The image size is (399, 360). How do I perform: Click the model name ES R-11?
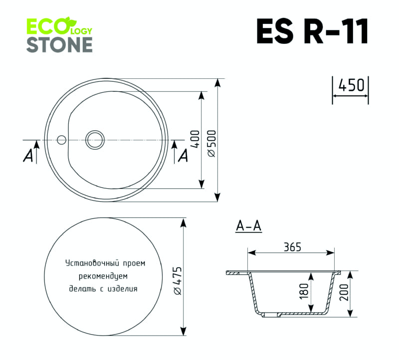pyautogui.click(x=312, y=32)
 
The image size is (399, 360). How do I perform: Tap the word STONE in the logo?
pyautogui.click(x=59, y=44)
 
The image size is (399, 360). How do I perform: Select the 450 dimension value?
pyautogui.click(x=351, y=85)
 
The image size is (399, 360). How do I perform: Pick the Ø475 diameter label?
pyautogui.click(x=177, y=282)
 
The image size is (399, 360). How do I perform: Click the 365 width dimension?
pyautogui.click(x=292, y=247)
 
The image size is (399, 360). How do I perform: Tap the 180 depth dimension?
pyautogui.click(x=305, y=291)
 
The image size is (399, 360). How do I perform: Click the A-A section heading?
pyautogui.click(x=248, y=226)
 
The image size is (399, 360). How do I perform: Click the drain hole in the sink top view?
pyautogui.click(x=94, y=139)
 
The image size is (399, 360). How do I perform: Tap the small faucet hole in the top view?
pyautogui.click(x=62, y=139)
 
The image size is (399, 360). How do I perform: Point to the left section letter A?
pyautogui.click(x=28, y=156)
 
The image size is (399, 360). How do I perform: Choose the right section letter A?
pyautogui.click(x=183, y=156)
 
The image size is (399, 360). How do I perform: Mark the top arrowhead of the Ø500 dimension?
pyautogui.click(x=218, y=82)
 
